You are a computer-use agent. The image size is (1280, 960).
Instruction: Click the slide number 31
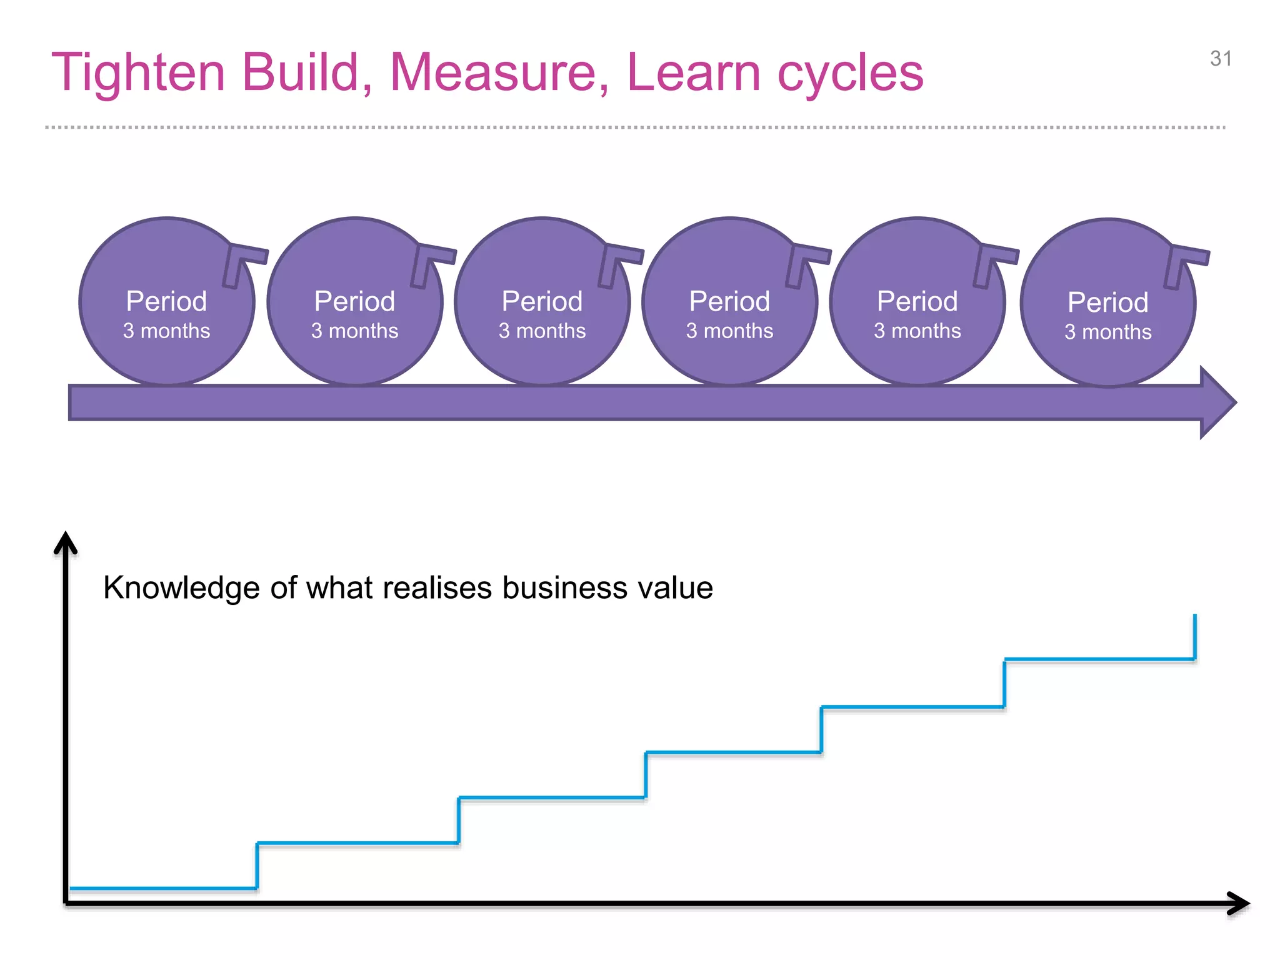pos(1221,59)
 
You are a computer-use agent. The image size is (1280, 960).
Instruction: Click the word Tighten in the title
pos(138,73)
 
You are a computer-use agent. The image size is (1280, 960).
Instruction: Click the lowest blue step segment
pos(162,887)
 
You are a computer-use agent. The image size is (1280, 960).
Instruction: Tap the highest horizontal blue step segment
pos(1100,659)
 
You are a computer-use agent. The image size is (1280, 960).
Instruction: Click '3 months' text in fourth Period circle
pos(729,331)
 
